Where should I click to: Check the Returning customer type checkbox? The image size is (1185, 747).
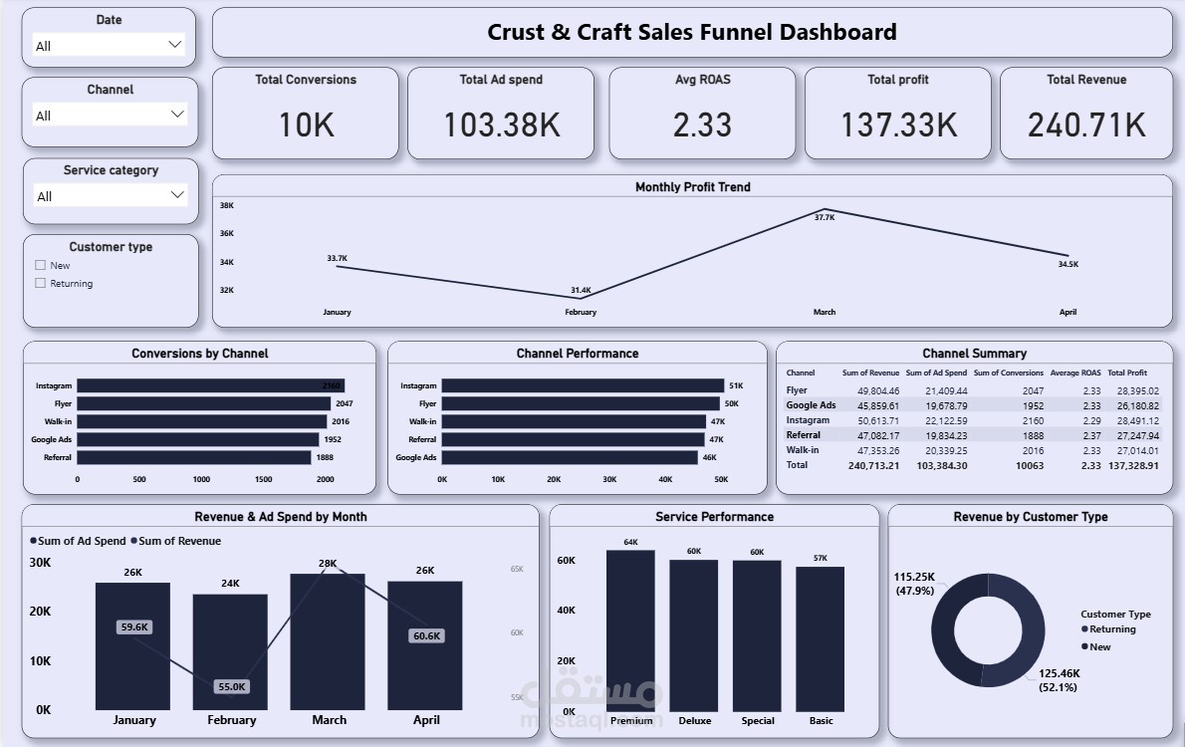coord(41,284)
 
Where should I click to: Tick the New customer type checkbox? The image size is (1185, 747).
coord(41,266)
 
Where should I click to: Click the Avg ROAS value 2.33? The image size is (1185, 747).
coord(701,124)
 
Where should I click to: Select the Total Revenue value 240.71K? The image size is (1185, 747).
coord(1086,124)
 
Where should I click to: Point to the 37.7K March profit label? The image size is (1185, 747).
coord(825,217)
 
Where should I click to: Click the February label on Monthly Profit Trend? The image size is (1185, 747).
coord(581,312)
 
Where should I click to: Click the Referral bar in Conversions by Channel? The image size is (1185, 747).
coord(194,457)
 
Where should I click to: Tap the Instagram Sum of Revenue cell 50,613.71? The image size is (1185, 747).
coord(870,420)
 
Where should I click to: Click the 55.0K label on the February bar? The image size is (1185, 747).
coord(231,686)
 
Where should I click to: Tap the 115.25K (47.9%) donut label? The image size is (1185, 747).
coord(914,583)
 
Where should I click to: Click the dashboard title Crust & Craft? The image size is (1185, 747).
coord(691,32)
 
